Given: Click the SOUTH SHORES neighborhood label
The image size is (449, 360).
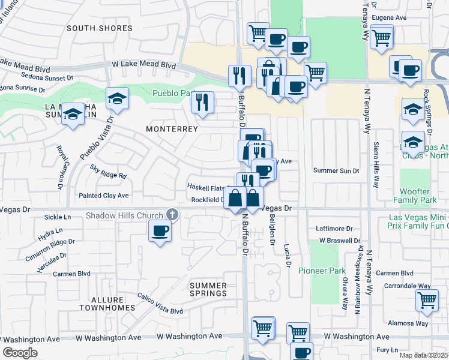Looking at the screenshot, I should (100, 28).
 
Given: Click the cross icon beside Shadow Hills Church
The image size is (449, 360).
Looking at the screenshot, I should (172, 215).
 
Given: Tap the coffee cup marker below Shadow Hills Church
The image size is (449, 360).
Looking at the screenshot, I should (159, 231).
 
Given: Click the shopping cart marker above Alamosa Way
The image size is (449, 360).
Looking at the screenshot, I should (427, 300).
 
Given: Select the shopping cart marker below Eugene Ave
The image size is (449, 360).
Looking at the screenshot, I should (381, 37).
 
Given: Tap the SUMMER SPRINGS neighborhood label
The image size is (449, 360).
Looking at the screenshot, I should (208, 289).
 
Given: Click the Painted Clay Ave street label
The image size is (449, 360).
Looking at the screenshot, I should (104, 196).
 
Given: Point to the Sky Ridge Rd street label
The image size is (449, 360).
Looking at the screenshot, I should (109, 176).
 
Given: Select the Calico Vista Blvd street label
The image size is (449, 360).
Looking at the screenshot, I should (160, 311).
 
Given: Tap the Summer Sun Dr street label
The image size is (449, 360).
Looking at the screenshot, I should (336, 171).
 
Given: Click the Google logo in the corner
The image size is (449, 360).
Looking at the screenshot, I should (20, 353).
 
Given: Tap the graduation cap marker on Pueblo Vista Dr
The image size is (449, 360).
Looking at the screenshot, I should (117, 99).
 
